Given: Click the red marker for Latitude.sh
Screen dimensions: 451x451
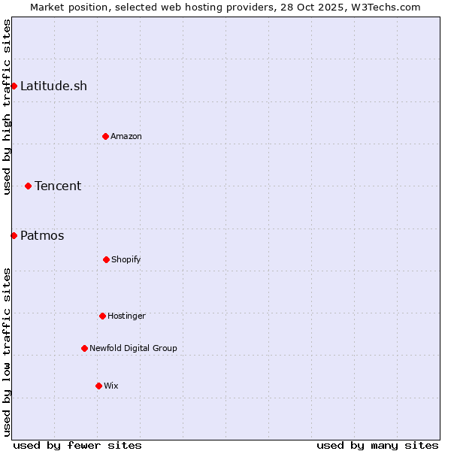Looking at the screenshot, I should [x=14, y=86].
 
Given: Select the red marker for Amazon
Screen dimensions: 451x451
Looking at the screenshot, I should [x=105, y=136].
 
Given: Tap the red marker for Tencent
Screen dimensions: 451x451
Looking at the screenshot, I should [x=28, y=186].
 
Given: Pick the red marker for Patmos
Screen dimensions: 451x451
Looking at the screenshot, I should [x=14, y=235].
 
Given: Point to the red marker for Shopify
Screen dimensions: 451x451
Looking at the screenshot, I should [x=106, y=259].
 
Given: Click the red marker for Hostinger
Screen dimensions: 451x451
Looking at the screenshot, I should [x=102, y=316].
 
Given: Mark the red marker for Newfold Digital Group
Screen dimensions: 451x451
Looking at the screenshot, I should [x=84, y=348].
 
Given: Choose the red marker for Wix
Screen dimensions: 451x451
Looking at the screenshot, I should [x=98, y=386].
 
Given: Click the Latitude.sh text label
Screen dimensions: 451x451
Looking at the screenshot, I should [x=53, y=86].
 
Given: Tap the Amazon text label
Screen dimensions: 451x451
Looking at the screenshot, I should [x=126, y=136].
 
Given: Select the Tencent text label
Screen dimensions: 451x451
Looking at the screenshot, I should [x=58, y=186].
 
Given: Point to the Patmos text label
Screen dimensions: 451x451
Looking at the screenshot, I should [x=42, y=235].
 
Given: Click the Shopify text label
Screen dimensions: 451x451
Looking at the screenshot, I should [x=126, y=259].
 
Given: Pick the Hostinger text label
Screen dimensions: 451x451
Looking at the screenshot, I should [x=126, y=316].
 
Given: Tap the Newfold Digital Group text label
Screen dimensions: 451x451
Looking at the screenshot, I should [x=133, y=348].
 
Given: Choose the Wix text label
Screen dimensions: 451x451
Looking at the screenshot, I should [x=111, y=386].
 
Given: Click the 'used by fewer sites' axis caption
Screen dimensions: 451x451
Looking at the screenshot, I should [x=77, y=445].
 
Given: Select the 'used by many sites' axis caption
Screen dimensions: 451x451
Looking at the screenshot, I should [x=377, y=445].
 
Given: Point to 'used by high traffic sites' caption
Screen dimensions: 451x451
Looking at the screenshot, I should [x=7, y=107].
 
